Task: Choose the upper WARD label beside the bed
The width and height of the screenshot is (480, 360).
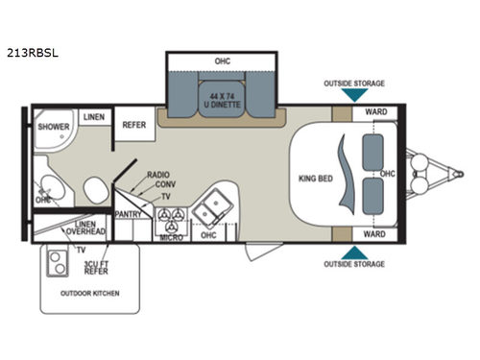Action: pyautogui.click(x=375, y=113)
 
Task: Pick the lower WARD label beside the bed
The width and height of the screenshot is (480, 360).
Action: pyautogui.click(x=375, y=233)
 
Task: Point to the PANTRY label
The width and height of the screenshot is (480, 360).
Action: pyautogui.click(x=128, y=214)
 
